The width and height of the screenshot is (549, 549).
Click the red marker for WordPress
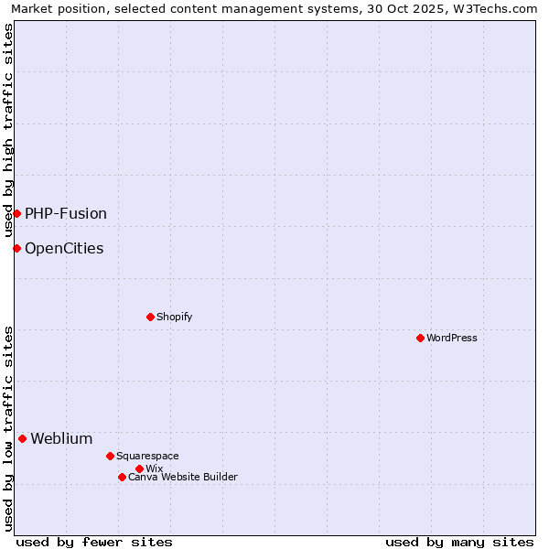420,338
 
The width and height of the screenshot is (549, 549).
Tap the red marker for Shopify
150,317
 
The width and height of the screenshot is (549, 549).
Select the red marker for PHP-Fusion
16,213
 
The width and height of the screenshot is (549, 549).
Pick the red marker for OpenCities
16,248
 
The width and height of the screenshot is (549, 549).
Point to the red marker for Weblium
22,438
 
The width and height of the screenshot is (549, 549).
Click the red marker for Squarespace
110,456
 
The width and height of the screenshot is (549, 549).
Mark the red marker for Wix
139,468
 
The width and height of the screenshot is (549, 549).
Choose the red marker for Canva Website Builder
122,477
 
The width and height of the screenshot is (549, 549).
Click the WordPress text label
452,338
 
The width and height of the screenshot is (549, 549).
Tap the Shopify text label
174,317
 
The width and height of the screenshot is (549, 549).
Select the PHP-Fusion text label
66,213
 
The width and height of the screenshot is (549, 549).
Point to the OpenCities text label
64,248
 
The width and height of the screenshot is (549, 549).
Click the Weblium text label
61,438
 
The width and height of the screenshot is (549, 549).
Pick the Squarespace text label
147,456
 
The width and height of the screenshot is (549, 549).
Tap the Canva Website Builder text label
183,477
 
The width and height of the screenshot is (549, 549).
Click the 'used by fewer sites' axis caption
94,542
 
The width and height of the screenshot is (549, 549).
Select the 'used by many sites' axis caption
459,542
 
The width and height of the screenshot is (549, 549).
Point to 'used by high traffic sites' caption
8,130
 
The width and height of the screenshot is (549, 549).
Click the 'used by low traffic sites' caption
8,427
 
